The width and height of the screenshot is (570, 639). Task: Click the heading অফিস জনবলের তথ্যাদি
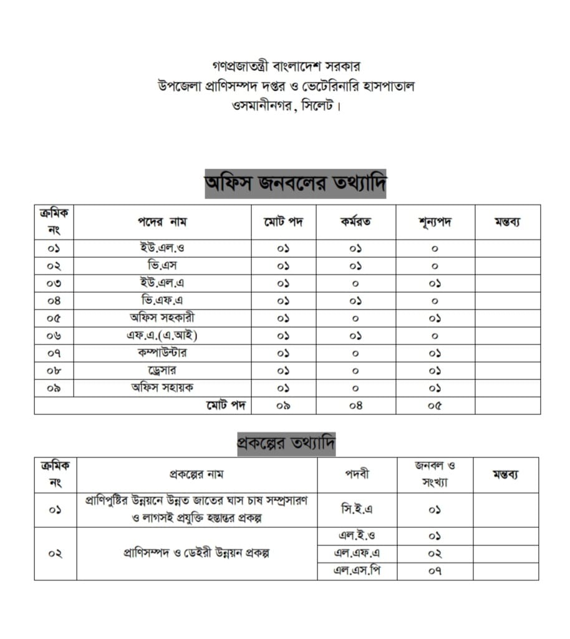[295, 183]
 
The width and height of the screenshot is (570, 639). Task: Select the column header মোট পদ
[283, 222]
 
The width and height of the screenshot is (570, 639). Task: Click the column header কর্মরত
[355, 222]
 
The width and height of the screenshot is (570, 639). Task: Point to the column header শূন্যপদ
[435, 222]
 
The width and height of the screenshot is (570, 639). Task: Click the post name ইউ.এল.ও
[162, 248]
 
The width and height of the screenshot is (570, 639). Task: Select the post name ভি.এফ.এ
[162, 301]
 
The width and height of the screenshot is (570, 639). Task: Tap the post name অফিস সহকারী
[162, 318]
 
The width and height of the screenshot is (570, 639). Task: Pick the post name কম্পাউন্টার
[162, 353]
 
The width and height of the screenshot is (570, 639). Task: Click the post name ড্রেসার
[162, 370]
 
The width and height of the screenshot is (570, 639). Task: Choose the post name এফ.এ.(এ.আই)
[162, 336]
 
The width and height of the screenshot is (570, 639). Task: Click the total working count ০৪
[355, 406]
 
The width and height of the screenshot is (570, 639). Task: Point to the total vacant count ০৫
[435, 406]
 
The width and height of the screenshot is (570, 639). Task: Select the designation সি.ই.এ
[357, 509]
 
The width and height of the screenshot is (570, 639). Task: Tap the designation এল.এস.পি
[357, 570]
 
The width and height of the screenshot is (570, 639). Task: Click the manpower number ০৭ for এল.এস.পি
[435, 570]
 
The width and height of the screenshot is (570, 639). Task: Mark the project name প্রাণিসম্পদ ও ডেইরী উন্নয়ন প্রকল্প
[196, 554]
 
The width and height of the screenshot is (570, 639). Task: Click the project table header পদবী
[357, 474]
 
